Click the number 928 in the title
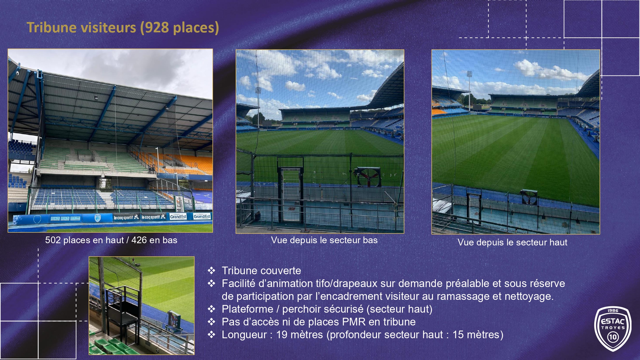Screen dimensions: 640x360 157,28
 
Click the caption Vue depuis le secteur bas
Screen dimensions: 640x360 324,240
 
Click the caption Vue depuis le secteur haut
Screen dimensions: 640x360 512,243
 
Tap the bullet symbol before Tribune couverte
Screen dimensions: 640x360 212,271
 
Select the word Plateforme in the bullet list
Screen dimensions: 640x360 247,309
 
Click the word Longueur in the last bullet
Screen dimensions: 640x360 244,335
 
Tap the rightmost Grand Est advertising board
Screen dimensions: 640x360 202,216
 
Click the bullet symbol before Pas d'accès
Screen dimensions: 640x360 212,322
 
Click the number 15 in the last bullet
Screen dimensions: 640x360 458,335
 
